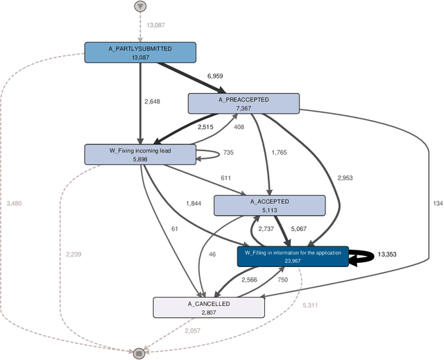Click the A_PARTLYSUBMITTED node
[140, 53]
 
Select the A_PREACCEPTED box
[244, 104]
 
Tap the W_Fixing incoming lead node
[140, 154]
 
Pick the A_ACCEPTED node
[269, 205]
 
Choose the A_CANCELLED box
[208, 307]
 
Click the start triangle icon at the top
[141, 6]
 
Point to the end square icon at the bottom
[139, 353]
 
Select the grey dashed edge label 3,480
[14, 203]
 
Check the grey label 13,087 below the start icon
[156, 26]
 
